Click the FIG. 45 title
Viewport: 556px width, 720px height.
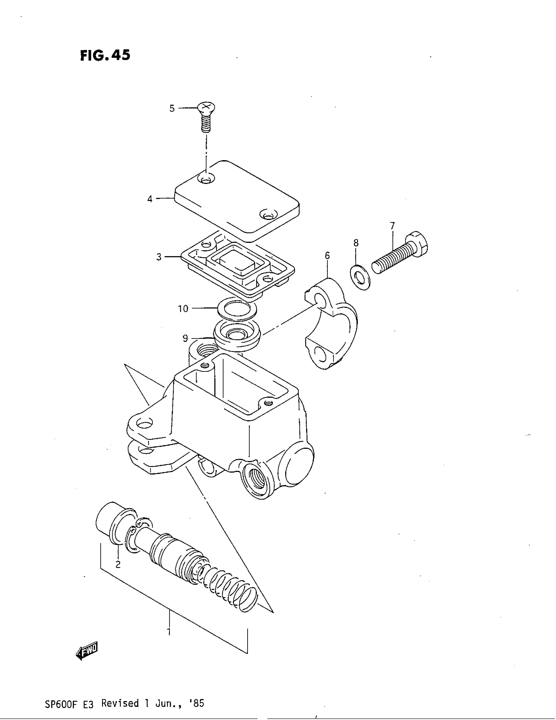[x=105, y=55]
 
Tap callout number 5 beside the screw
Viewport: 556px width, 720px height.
[x=172, y=108]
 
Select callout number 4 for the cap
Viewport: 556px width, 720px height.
[x=150, y=199]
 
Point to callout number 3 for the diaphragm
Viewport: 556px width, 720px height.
[x=159, y=257]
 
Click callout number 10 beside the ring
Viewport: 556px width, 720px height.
[x=183, y=309]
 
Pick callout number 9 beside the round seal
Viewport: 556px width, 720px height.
[x=185, y=338]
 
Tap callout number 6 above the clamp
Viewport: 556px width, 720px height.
[x=327, y=255]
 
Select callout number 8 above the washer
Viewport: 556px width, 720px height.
[x=356, y=243]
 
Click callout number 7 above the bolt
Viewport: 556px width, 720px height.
[x=392, y=226]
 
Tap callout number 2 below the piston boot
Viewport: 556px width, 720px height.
[x=118, y=565]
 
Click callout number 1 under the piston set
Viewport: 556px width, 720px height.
[x=169, y=632]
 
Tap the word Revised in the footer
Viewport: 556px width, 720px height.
[x=120, y=703]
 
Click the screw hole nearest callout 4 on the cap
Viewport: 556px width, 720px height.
[x=205, y=180]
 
